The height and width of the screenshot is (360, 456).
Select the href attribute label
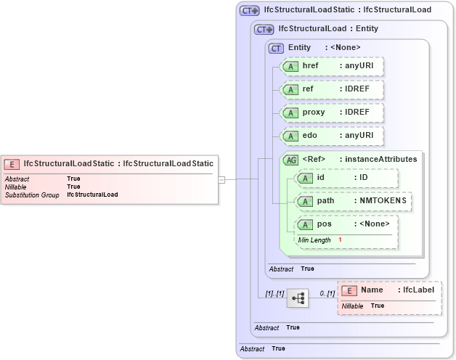(x=310, y=66)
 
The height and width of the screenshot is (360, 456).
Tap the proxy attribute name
(x=314, y=112)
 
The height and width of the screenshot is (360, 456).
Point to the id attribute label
(x=321, y=177)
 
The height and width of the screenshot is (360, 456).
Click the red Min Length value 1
(x=340, y=240)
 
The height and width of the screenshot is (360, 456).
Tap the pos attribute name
(x=324, y=224)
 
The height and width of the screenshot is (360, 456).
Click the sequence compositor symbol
(x=298, y=298)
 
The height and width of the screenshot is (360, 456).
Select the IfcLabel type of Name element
(x=418, y=290)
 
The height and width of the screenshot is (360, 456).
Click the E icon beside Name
(x=349, y=290)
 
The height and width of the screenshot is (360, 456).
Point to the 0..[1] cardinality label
(x=327, y=293)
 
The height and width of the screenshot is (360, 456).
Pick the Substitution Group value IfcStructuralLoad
(x=92, y=195)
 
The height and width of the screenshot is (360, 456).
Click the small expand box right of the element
(x=221, y=179)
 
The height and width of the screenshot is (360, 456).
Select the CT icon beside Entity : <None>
(x=276, y=48)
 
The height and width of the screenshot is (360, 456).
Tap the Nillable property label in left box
(x=15, y=187)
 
